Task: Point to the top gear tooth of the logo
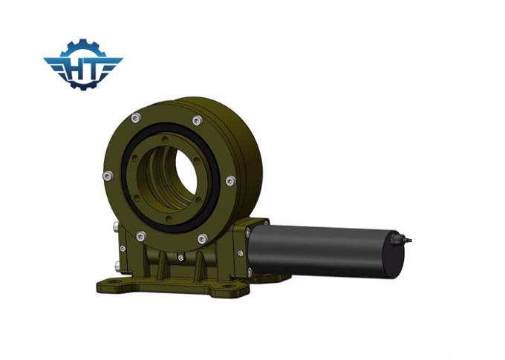coord(82,42)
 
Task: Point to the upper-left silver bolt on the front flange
coord(134,117)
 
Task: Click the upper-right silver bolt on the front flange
coord(197,120)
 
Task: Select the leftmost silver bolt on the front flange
coord(108,175)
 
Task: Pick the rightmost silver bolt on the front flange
coord(230,180)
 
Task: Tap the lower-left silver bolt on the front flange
coord(140,236)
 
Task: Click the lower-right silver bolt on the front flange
coord(202,238)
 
